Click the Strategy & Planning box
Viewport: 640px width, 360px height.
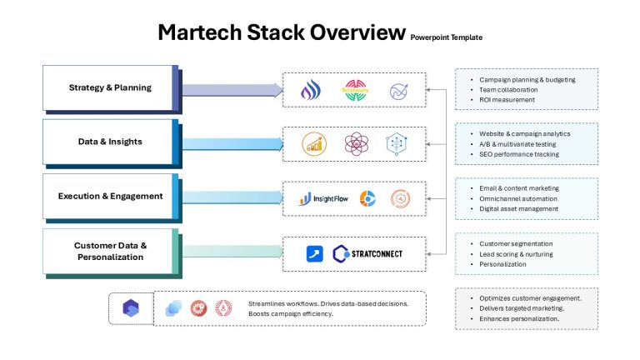111,87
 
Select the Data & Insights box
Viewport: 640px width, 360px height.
111,142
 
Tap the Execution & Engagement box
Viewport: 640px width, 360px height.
111,197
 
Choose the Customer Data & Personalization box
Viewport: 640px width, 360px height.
111,251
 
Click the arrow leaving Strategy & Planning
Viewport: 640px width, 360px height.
232,90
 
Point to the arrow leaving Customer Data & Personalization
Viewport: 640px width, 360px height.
232,252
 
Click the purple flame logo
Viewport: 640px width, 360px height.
311,90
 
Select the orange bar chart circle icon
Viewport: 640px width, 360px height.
314,144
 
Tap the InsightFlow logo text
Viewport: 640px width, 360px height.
331,199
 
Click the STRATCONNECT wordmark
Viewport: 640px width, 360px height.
377,254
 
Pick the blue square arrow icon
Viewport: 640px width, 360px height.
315,254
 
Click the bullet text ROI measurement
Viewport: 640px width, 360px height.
507,100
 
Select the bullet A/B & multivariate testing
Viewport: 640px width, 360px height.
517,144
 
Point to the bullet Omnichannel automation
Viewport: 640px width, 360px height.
518,199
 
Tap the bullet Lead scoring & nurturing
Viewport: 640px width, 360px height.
517,254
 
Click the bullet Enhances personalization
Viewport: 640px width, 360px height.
519,319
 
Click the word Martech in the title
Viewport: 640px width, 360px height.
200,32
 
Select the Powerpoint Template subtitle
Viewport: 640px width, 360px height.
446,37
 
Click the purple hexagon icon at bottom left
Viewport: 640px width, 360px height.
131,308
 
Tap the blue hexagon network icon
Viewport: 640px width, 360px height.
397,144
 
